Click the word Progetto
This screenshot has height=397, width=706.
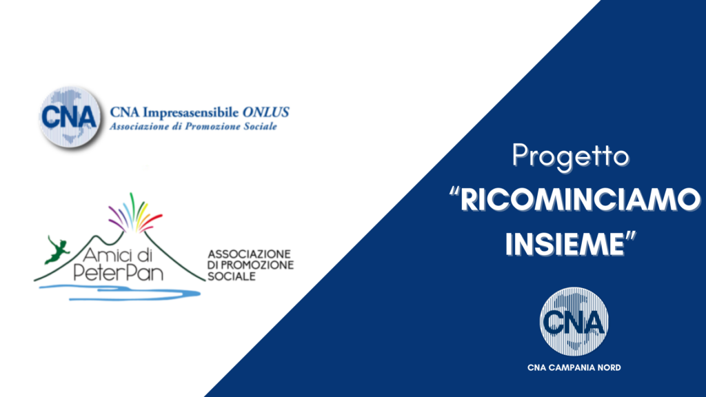coord(569,157)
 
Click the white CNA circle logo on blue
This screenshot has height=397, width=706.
coord(573,321)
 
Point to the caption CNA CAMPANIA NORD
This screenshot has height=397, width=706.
coord(573,367)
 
